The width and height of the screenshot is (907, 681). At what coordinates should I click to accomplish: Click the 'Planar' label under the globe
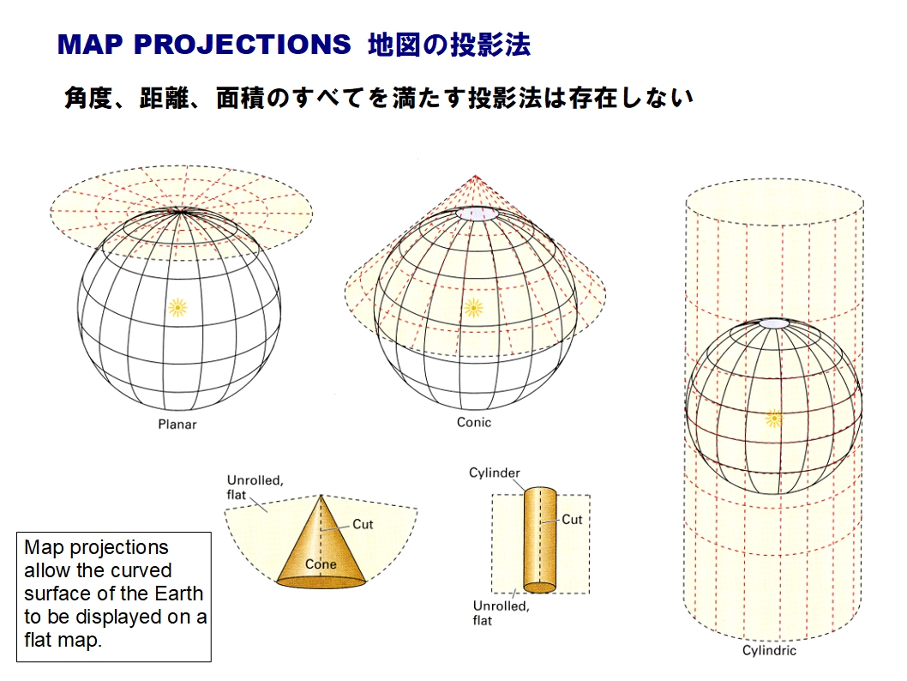(x=177, y=424)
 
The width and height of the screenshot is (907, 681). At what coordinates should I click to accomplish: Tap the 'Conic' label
(x=474, y=422)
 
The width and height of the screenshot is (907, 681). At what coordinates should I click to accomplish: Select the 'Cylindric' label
(x=769, y=650)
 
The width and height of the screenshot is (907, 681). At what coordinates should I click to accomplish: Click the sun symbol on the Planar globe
(x=177, y=307)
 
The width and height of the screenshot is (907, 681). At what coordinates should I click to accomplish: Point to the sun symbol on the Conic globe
(x=474, y=308)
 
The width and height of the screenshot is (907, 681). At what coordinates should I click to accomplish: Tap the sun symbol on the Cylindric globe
(x=773, y=418)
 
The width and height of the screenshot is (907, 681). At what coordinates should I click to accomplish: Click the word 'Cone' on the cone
(x=321, y=564)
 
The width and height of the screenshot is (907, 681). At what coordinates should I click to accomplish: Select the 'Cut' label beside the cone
(x=363, y=524)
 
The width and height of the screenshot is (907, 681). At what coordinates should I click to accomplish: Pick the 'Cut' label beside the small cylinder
(x=572, y=520)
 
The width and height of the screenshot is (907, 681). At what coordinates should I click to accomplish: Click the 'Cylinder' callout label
(x=495, y=473)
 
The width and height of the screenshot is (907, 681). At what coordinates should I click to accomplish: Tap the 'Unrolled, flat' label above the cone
(x=255, y=487)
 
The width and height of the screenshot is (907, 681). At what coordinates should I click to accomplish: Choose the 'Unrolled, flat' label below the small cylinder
(x=501, y=613)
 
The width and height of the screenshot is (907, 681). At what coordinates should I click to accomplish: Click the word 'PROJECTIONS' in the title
(x=243, y=45)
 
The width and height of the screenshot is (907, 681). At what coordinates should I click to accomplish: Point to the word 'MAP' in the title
(x=90, y=45)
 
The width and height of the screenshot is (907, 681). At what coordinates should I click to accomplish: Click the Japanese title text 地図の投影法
(x=449, y=45)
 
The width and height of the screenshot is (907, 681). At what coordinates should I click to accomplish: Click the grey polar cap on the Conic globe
(x=478, y=214)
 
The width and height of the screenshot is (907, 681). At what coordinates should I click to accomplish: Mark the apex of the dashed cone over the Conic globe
(x=475, y=175)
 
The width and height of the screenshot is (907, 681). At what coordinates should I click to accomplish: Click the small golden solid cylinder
(x=540, y=539)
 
